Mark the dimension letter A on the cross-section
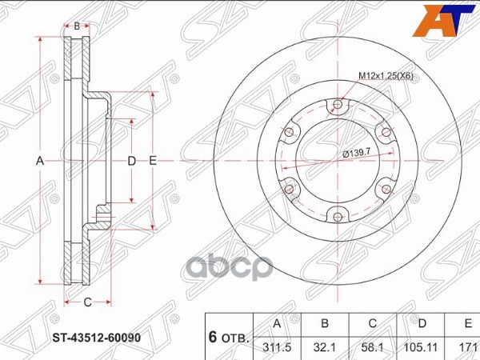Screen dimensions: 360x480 (x=39, y=161)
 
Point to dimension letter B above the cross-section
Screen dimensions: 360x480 (x=77, y=26)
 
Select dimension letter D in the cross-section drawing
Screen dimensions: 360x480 (x=132, y=161)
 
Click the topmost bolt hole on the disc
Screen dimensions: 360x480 (x=337, y=104)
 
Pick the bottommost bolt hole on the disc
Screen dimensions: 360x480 (x=337, y=215)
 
